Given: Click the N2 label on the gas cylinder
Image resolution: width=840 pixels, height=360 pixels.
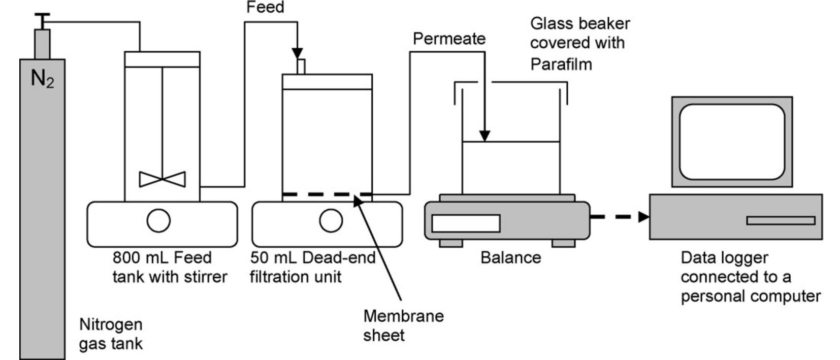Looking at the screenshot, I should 42,79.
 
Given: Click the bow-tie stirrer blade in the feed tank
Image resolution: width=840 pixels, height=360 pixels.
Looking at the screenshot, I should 162,179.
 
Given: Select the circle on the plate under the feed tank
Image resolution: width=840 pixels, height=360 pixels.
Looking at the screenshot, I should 158,220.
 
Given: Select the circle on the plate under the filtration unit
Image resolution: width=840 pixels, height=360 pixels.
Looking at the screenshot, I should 331,220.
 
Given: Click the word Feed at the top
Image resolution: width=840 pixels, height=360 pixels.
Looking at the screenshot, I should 265,7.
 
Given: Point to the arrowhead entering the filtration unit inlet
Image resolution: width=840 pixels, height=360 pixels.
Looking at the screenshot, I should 298,53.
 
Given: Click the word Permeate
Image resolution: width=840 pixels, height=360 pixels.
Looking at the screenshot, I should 449,39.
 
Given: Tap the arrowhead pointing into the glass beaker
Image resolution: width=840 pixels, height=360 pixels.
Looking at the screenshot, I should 484,136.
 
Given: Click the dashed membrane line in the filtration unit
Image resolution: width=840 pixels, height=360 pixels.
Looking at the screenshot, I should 325,194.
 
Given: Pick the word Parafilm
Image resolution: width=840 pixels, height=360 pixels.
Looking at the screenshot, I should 561,64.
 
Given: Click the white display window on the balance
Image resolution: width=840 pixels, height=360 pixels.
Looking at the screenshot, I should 466,223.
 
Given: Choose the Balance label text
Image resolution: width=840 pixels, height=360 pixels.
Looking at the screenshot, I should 510,257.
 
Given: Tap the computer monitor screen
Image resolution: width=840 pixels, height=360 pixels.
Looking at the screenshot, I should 732,142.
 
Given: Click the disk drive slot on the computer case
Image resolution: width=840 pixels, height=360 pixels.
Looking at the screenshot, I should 781,220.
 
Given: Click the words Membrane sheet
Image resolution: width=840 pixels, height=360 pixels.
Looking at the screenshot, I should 403,325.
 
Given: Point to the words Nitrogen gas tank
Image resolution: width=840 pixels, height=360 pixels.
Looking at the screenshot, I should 111,334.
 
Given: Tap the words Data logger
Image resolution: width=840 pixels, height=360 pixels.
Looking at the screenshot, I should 724,257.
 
